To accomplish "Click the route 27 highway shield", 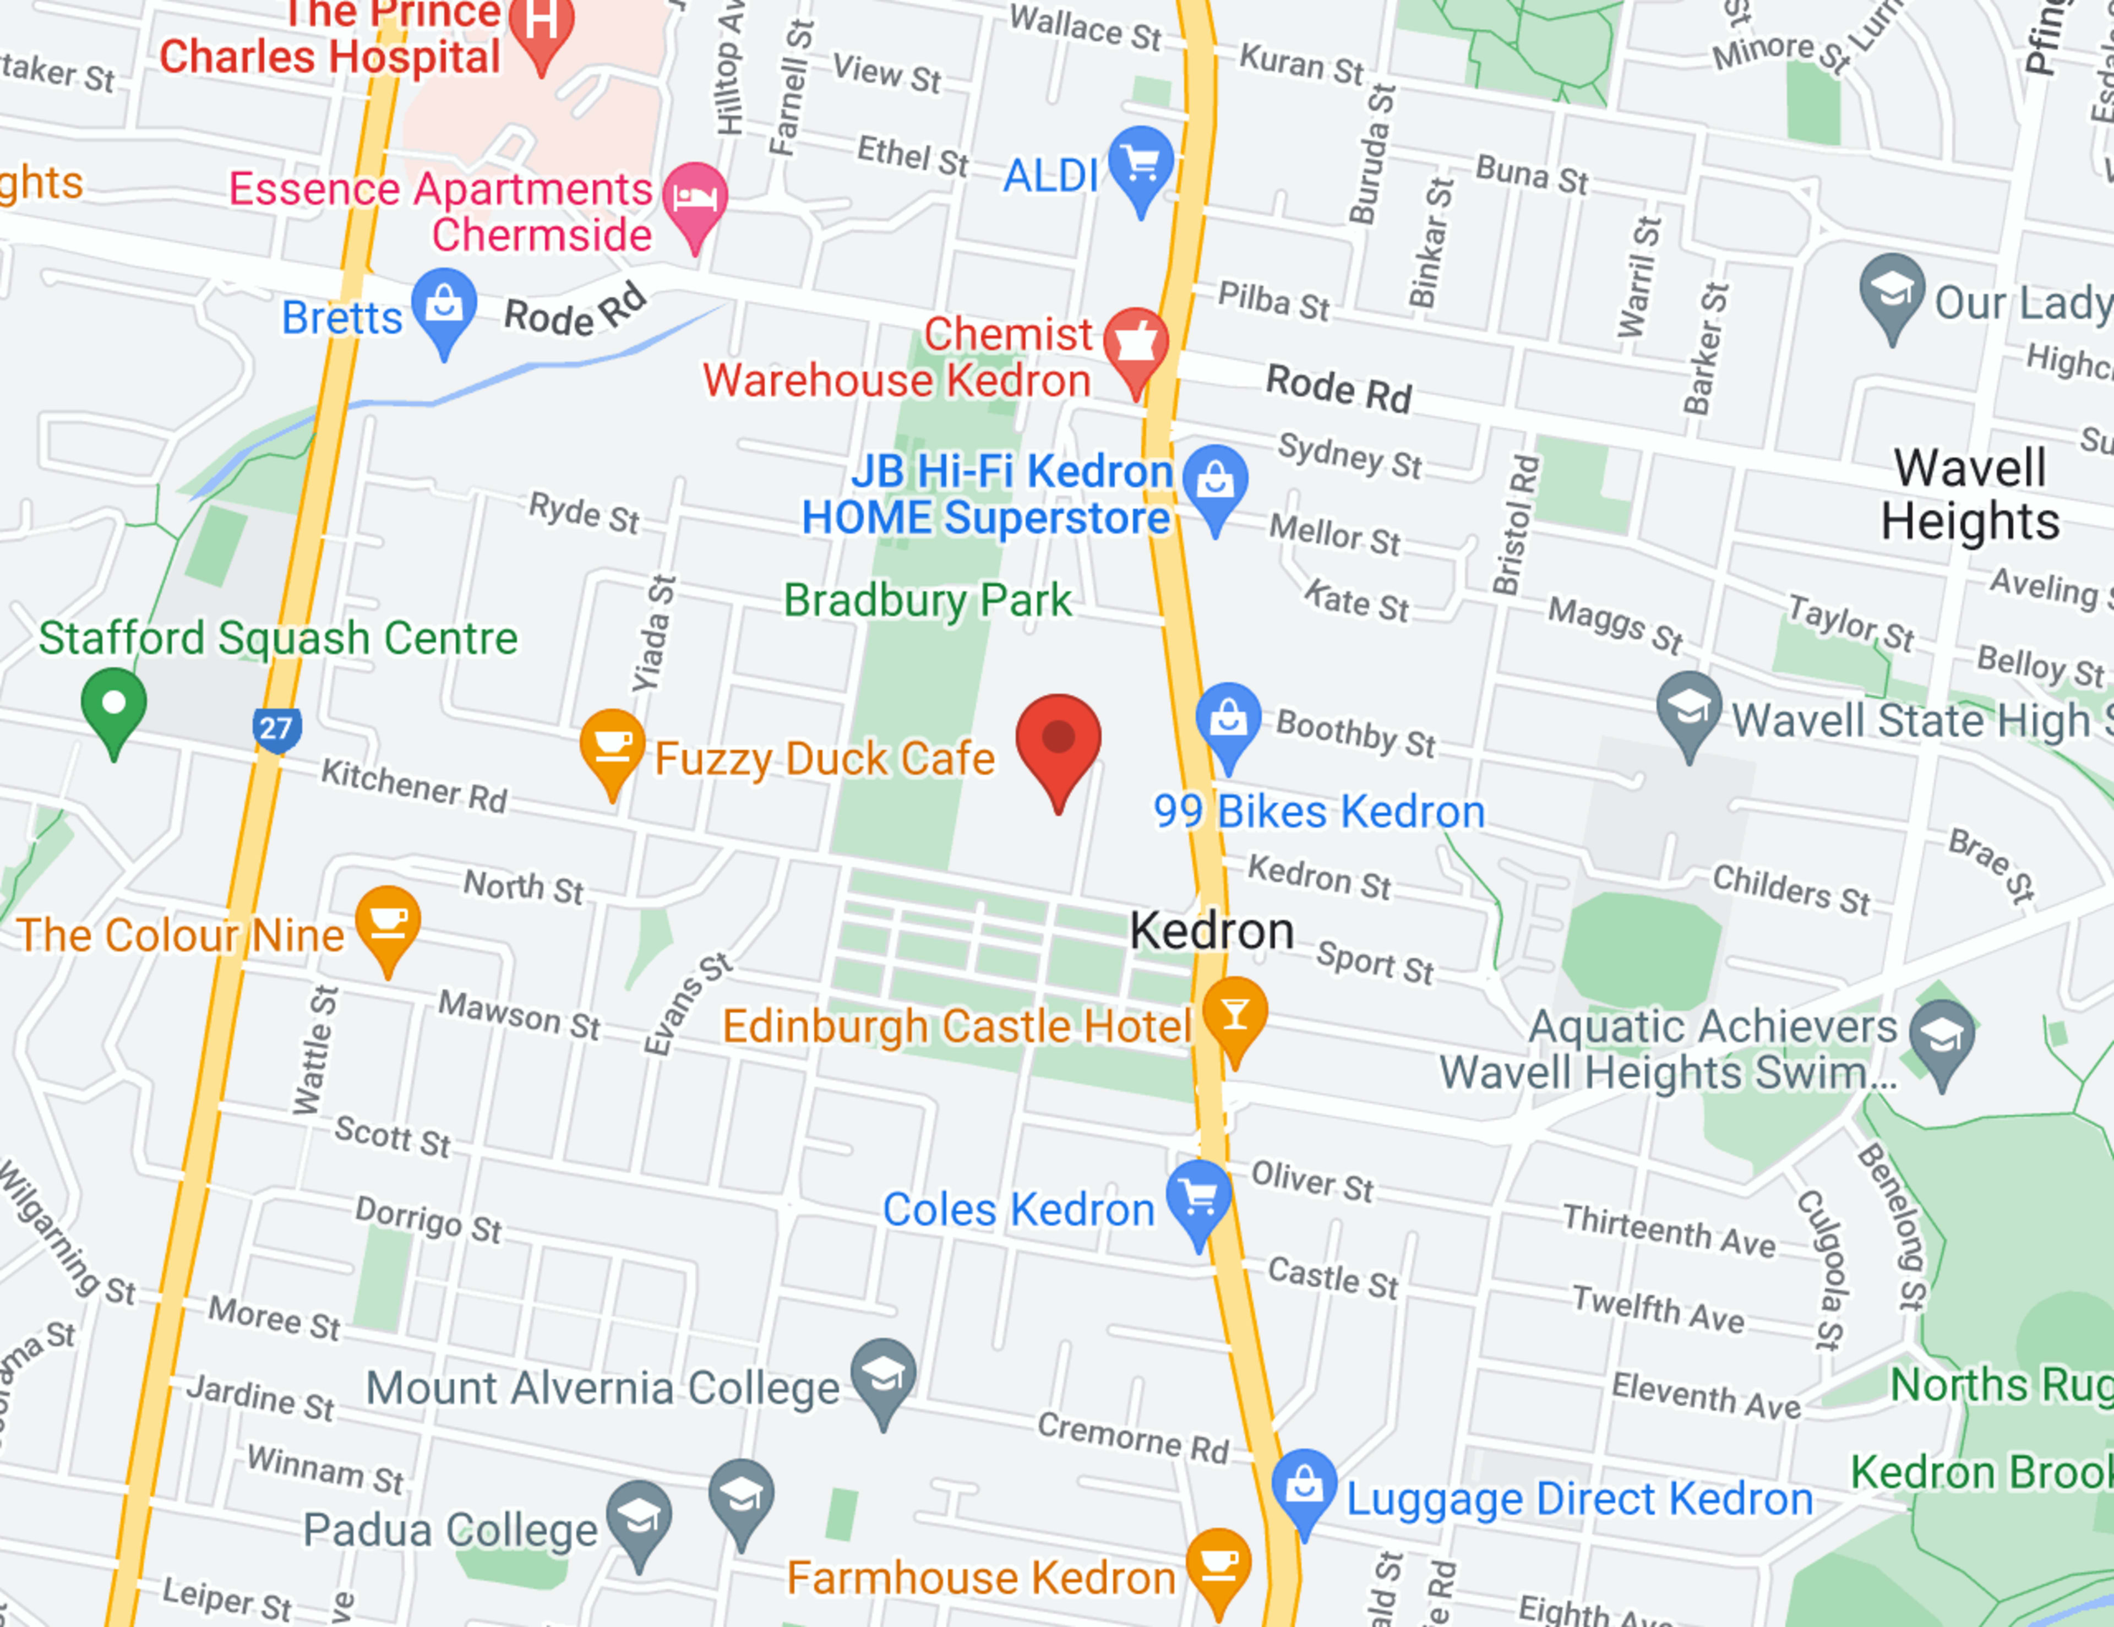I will point(276,728).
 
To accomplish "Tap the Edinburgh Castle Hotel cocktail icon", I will point(1234,1013).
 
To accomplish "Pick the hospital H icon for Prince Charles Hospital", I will point(542,21).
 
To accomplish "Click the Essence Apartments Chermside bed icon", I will point(695,197).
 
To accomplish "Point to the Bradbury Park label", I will point(927,601).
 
